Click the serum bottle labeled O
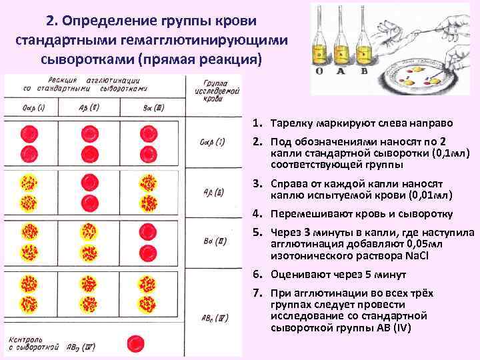[320, 33]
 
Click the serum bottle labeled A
[339, 33]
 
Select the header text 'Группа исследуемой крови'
[213, 89]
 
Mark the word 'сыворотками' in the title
[87, 59]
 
